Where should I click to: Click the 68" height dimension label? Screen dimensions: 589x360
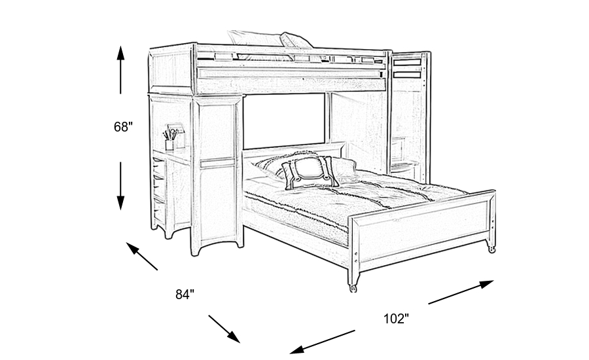124,127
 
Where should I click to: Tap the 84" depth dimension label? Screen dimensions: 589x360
185,295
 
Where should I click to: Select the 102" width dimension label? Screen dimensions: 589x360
396,319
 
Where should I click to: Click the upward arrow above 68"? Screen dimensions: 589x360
120,69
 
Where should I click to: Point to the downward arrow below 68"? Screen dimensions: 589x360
120,186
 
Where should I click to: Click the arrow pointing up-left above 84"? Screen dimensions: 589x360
141,257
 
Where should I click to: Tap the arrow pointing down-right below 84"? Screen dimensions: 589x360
224,329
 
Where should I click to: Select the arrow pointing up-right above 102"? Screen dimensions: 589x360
461,292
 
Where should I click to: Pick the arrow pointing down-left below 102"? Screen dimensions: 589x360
322,342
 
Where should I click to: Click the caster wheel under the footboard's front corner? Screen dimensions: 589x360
353,288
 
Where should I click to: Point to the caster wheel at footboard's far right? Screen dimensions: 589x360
491,249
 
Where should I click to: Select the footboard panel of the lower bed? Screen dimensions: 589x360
423,229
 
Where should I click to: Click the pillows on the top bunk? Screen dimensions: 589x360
270,40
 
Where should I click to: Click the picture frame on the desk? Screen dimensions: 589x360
176,135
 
